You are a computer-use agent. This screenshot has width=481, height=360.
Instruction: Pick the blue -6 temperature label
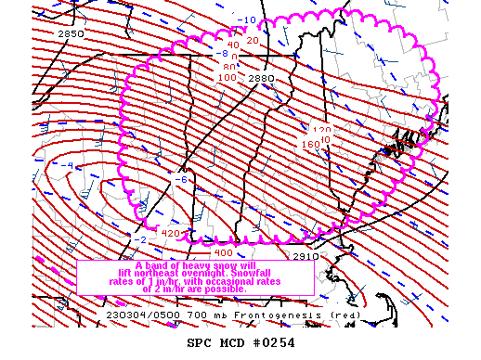coord(182,179)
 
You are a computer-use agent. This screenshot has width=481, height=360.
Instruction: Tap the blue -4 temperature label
coord(69,166)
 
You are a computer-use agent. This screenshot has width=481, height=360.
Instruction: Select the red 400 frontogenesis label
coord(223,252)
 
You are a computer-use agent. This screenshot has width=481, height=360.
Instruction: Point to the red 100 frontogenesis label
coord(227,78)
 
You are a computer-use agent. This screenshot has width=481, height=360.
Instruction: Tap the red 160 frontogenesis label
coord(310,145)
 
